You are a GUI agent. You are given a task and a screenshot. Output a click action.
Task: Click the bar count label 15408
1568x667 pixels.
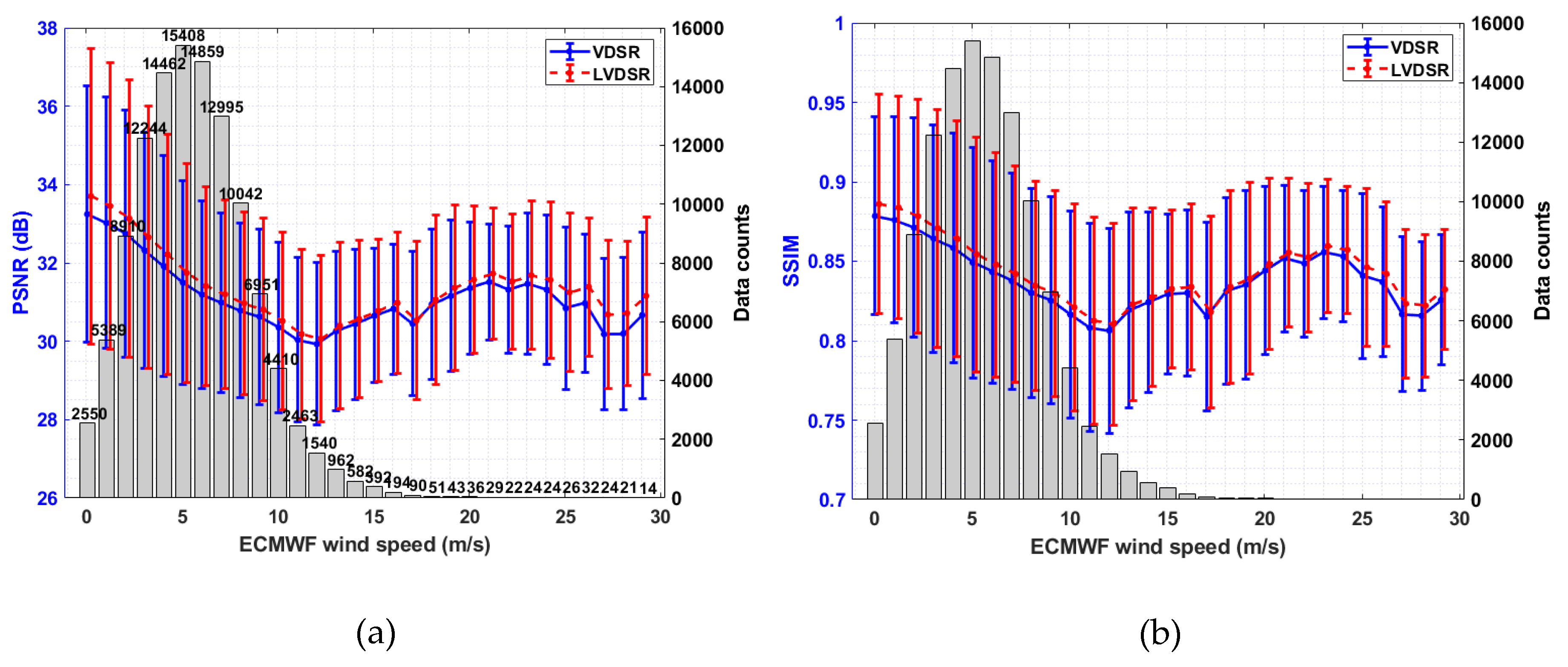[x=183, y=36]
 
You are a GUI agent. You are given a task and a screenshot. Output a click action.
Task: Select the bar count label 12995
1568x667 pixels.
[x=221, y=107]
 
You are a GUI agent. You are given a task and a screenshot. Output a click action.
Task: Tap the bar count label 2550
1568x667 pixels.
[x=89, y=414]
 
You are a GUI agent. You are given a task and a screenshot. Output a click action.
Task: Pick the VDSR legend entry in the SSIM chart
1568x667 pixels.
[x=1413, y=47]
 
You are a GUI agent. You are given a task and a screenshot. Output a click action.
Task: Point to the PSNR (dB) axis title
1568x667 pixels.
[x=21, y=262]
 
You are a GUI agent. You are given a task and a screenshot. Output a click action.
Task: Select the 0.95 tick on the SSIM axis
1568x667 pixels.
[x=826, y=103]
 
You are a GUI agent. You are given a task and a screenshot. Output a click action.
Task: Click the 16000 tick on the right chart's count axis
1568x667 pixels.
[x=1497, y=24]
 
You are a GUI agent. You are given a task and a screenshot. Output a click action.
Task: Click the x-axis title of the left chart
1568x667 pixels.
[x=364, y=544]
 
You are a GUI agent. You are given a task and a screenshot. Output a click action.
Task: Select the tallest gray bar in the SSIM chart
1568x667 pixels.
[x=972, y=268]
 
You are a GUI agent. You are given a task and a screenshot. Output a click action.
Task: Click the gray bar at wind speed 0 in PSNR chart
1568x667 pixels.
[x=87, y=460]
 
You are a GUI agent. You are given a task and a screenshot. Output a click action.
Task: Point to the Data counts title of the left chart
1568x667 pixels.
[x=741, y=262]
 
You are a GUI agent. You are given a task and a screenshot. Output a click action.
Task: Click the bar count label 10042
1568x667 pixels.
[x=241, y=193]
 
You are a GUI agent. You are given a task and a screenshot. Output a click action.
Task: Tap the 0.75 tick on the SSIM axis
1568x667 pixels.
[x=826, y=421]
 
